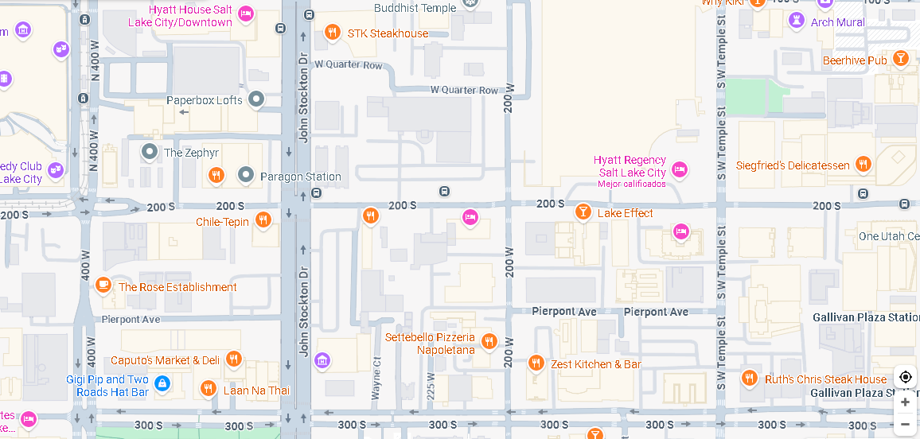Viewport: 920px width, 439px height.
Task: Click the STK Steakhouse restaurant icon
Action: (333, 33)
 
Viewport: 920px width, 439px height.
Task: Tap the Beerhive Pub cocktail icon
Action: (900, 58)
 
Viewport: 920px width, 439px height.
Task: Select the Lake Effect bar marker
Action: (583, 212)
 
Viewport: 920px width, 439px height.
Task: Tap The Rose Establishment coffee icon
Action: (103, 285)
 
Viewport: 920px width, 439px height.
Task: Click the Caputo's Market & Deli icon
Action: (233, 359)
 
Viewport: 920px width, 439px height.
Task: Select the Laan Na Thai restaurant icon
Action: (208, 388)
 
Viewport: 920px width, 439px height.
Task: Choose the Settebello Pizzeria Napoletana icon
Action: (489, 342)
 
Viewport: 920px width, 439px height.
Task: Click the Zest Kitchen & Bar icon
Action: (536, 363)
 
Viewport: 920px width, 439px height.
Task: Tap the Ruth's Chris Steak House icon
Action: (749, 378)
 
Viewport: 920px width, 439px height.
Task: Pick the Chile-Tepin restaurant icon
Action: (263, 219)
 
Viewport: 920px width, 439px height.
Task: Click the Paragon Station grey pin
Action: (247, 175)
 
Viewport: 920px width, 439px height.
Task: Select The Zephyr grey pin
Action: (150, 151)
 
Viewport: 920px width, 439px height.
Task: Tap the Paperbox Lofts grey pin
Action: (255, 99)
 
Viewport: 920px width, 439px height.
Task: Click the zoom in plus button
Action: (905, 402)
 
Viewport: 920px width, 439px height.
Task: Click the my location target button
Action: (905, 377)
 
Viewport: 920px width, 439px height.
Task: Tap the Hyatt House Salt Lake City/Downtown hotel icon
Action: (246, 14)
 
